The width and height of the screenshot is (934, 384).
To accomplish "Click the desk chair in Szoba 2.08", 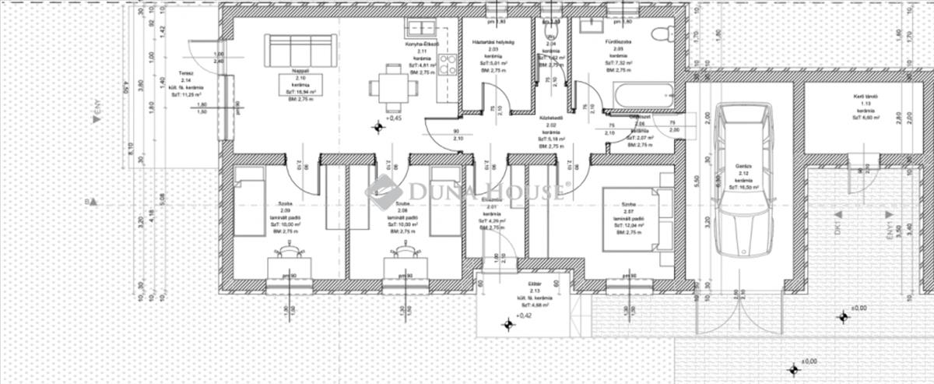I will click(x=404, y=250).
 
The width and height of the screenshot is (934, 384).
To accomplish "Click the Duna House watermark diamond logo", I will click(x=384, y=192).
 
